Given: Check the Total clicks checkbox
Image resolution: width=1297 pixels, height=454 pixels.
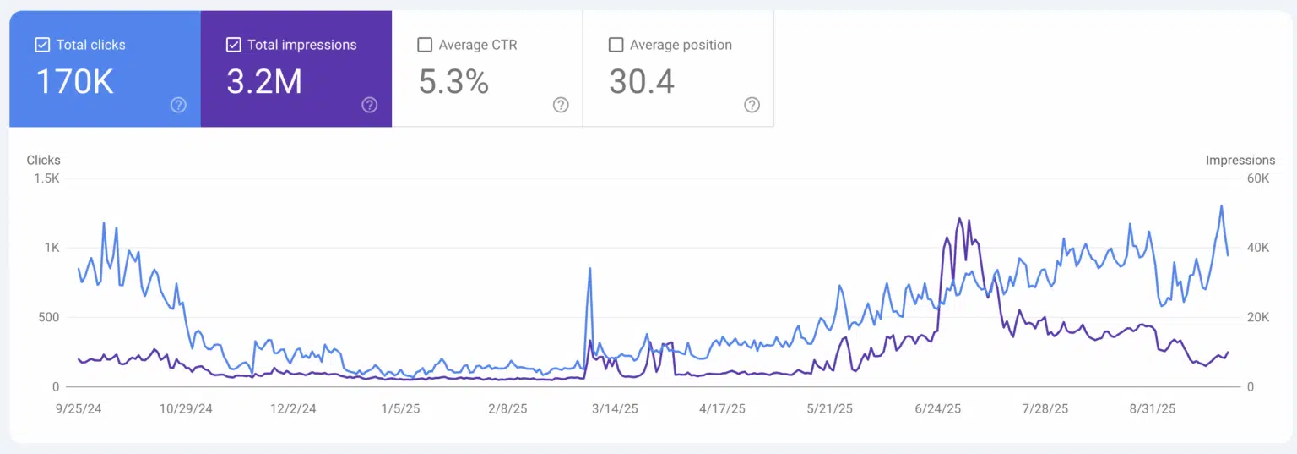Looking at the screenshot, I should pos(42,45).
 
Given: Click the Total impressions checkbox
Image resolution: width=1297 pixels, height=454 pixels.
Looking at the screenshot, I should pos(234,45).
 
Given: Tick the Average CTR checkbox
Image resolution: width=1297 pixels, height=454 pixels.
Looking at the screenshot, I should pos(425,45).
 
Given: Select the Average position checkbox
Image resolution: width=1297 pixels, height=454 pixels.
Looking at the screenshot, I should pos(616,45).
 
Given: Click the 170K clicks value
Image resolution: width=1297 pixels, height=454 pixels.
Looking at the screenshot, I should pos(74,82).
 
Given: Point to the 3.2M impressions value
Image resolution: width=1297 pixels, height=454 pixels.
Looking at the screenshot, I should pos(264,82).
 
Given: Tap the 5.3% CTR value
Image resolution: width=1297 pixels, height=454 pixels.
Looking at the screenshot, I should pos(453,82).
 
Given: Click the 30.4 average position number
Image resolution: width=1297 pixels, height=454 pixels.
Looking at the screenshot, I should pos(642,82).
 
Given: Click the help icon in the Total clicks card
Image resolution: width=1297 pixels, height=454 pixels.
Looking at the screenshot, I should pos(178,105).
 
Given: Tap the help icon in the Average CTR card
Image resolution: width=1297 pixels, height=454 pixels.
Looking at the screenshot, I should pos(561,105).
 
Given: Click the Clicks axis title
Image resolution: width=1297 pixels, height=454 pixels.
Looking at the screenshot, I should pos(44,160).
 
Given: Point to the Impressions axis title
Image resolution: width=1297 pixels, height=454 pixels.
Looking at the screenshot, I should pos(1240,160).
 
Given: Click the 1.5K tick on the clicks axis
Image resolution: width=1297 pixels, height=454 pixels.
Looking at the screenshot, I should pos(46,178).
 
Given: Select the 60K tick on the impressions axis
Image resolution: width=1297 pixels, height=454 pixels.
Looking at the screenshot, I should pos(1258,178).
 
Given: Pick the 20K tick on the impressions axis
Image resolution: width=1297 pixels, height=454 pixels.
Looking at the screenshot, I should pos(1258,317).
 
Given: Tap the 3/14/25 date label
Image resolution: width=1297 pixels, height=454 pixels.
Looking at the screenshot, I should pos(615,408).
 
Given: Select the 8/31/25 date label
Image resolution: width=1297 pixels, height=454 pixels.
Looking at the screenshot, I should pos(1152,408).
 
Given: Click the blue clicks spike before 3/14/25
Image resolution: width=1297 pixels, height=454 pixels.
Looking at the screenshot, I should pos(589,269).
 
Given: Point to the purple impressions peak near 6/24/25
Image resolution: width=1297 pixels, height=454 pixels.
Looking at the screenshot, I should pos(959,219).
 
